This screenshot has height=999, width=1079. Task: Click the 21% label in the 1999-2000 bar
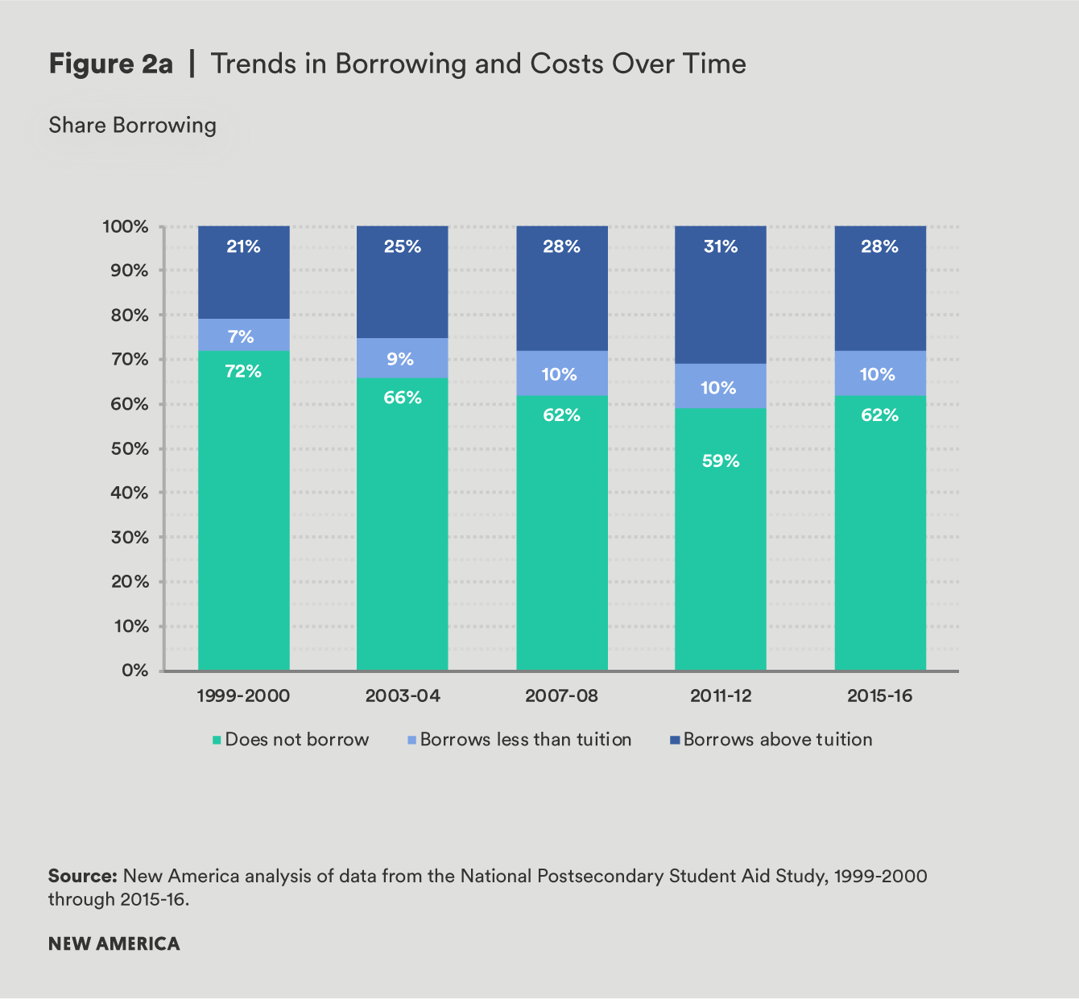point(243,247)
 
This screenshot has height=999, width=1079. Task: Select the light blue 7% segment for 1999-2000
point(243,334)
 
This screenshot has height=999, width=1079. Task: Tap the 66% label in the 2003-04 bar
point(402,398)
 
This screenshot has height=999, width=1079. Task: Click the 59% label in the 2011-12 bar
point(720,460)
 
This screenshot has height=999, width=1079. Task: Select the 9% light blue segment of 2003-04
point(402,358)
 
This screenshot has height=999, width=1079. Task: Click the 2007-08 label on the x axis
point(561,696)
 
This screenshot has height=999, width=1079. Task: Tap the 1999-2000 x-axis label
point(243,696)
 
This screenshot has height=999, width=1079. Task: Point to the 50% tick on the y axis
point(130,449)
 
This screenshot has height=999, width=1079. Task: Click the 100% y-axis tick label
point(126,227)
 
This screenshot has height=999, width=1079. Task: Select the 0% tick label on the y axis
point(134,671)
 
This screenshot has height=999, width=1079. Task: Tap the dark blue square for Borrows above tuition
point(675,740)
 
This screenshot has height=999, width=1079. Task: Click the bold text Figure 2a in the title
point(110,64)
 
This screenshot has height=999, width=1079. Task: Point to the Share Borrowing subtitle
point(132,126)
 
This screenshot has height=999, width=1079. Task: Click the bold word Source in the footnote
point(83,876)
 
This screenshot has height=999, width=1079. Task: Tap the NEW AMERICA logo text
point(114,943)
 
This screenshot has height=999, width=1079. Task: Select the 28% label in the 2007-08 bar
point(561,247)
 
